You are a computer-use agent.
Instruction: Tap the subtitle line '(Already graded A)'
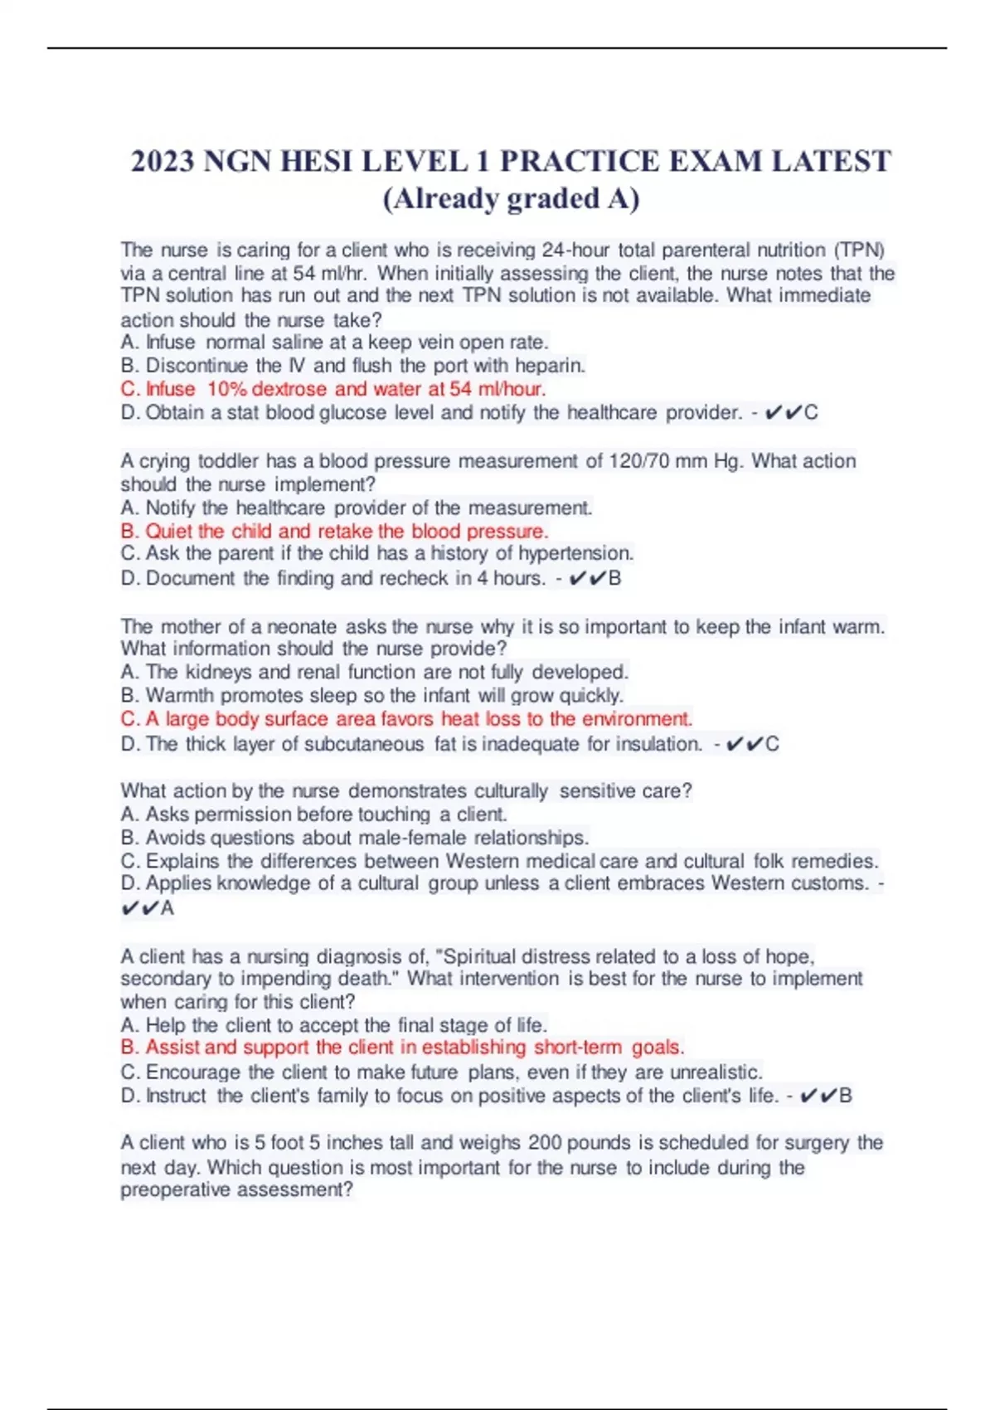click(511, 198)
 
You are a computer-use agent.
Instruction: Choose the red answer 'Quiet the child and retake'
click(335, 531)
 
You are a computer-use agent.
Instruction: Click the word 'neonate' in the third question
click(301, 627)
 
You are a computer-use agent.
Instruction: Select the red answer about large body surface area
click(406, 719)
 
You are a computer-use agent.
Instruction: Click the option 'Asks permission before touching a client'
click(313, 814)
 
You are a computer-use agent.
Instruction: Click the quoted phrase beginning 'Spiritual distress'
click(511, 956)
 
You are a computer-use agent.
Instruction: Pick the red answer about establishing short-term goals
click(403, 1048)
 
